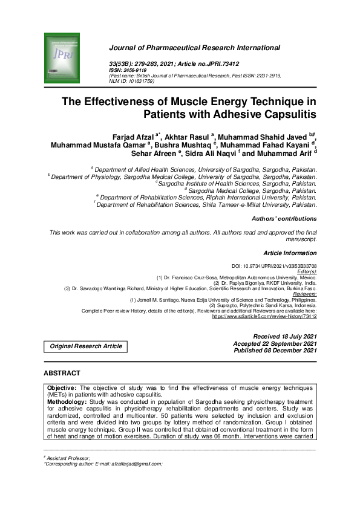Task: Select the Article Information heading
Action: [x=290, y=252]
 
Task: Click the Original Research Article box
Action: [x=86, y=346]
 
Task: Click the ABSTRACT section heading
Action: [x=62, y=374]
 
